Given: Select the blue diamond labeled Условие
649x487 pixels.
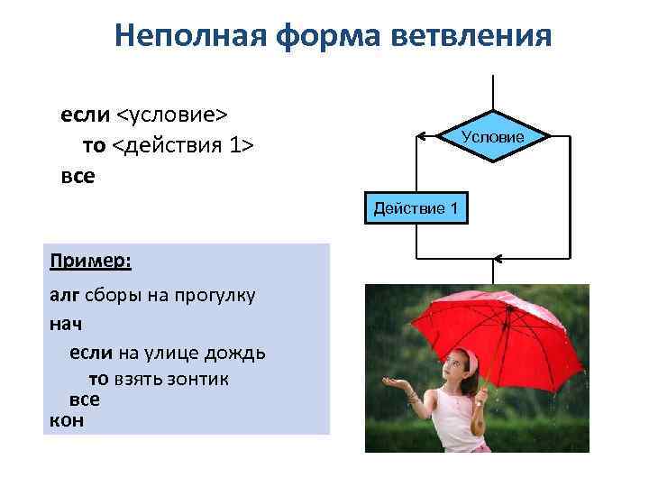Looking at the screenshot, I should coord(493,137).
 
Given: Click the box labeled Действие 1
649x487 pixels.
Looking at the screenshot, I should coord(416,209).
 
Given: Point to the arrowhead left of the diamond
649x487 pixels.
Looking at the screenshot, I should coord(420,137).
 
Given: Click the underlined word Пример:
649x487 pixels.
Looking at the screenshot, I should coord(90,261).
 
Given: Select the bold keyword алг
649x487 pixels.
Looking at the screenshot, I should coord(65,295).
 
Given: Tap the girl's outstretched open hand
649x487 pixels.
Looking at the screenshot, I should coord(395,384).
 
